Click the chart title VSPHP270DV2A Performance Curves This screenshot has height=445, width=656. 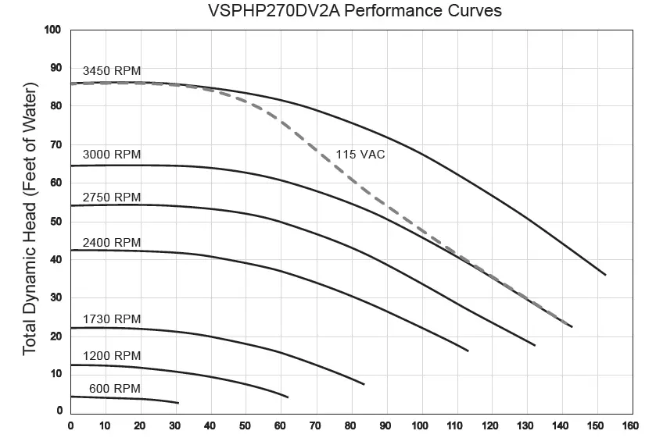coord(355,11)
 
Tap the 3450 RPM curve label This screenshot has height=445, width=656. coord(112,71)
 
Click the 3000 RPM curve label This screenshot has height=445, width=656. coord(112,154)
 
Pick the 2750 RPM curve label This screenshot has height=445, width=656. coord(112,197)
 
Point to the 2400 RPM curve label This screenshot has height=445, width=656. coord(112,242)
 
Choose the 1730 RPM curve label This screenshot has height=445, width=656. coord(112,319)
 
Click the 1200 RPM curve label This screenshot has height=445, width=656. coord(112,355)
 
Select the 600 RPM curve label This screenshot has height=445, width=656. coord(115,388)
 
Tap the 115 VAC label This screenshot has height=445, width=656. coord(360,155)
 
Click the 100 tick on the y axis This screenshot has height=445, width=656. coord(52,30)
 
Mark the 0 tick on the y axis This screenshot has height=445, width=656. coord(58,411)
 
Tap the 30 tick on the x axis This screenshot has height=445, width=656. coord(176,425)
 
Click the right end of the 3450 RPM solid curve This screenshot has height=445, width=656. coord(605,275)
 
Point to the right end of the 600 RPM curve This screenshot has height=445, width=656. coord(178,403)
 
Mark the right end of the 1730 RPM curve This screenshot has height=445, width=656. coord(364,384)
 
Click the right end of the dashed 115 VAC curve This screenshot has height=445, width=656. coord(572,326)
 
